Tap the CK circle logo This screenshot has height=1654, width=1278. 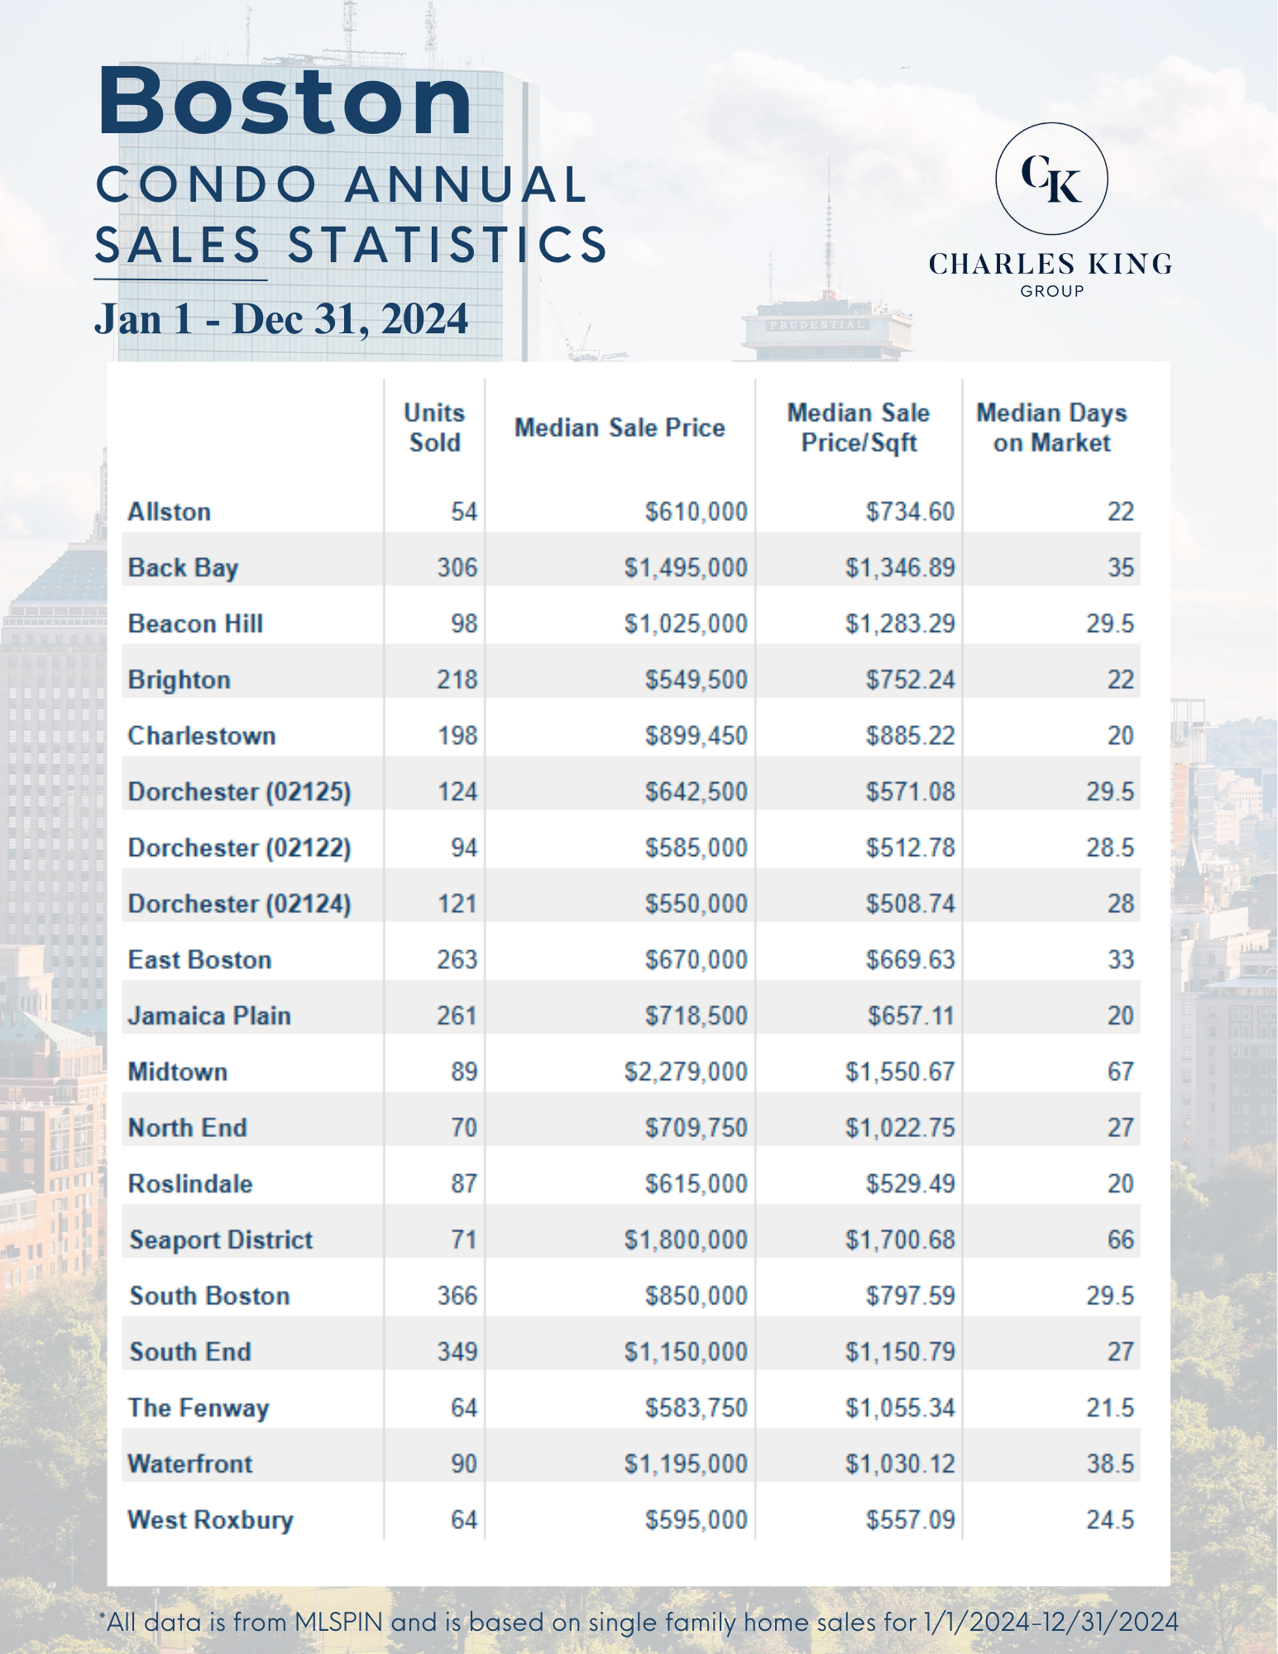1051,179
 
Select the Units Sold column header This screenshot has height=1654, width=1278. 434,428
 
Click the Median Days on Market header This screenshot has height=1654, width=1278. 1051,428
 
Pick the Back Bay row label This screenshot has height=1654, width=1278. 183,568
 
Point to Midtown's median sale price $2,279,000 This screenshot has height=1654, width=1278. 686,1072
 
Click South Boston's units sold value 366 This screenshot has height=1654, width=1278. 457,1296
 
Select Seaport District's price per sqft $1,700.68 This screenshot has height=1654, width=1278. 900,1240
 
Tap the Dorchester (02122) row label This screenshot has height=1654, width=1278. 239,848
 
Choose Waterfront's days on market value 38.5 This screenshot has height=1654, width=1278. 1109,1464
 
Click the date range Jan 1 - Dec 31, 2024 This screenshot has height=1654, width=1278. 281,319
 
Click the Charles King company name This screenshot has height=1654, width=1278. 1051,265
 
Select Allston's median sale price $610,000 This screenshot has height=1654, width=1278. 696,512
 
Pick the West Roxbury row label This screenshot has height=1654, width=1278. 210,1520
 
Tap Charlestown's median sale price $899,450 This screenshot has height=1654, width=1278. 696,736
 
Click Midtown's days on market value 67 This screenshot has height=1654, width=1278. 1120,1072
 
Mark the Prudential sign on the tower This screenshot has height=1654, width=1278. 817,325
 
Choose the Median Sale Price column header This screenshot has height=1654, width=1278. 620,428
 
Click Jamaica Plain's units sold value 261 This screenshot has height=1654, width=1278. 457,1016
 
